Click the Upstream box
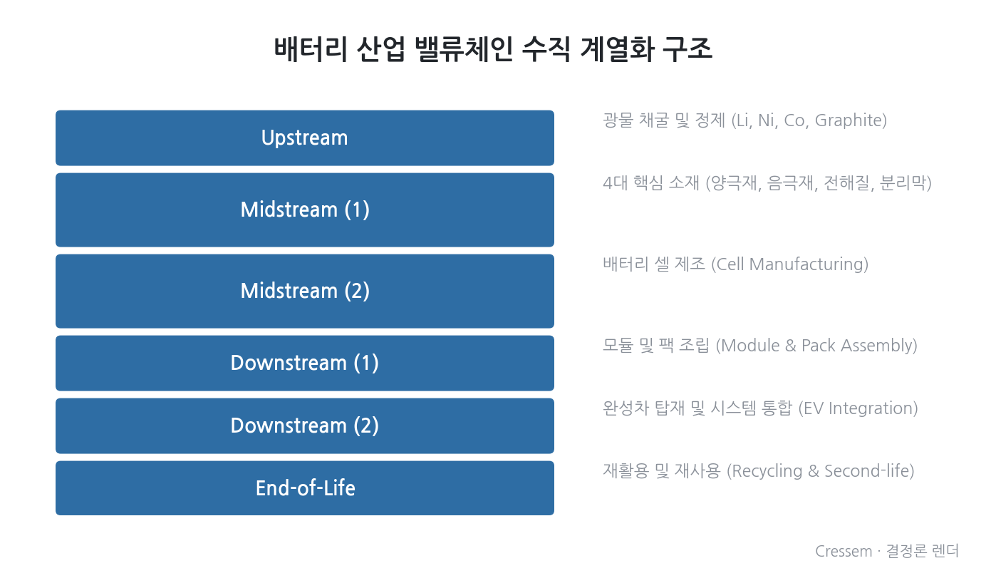click(305, 138)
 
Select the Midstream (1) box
click(305, 210)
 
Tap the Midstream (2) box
click(305, 291)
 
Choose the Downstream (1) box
click(305, 363)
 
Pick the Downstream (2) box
click(305, 426)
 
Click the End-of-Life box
click(305, 488)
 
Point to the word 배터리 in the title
click(311, 48)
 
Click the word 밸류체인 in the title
click(464, 48)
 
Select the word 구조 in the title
click(687, 48)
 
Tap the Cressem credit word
click(844, 552)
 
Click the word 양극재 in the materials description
click(735, 183)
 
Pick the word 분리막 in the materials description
click(903, 183)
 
